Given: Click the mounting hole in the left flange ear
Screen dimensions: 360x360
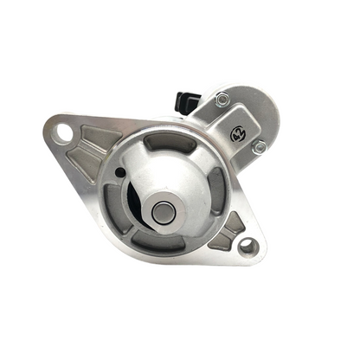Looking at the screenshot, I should pyautogui.click(x=63, y=134).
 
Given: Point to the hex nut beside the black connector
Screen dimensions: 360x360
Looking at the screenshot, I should pyautogui.click(x=222, y=100).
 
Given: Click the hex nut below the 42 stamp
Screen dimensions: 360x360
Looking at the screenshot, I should pyautogui.click(x=259, y=147).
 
